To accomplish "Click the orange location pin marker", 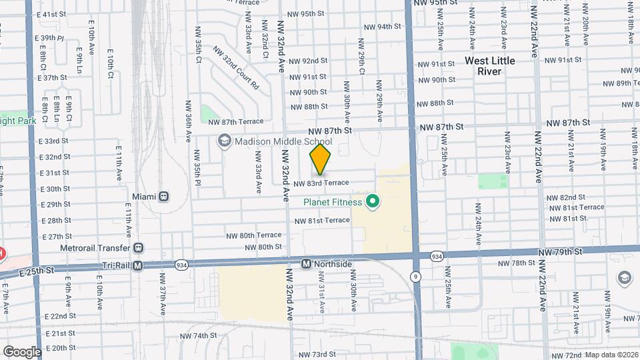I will tap(320, 160).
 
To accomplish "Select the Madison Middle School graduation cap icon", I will tap(225, 141).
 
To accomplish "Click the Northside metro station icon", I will tap(306, 264).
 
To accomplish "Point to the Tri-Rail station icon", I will tap(138, 265).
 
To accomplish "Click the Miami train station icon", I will tap(163, 197).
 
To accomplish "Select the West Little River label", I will tap(490, 66).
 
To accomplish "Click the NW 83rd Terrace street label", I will tap(321, 183).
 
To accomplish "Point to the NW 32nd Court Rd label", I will tap(235, 68).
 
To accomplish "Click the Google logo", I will tap(22, 351).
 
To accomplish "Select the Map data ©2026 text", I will tap(611, 355).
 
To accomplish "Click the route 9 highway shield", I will tap(416, 275).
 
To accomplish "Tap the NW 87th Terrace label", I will tap(235, 121).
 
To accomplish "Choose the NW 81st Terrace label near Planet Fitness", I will tap(322, 220).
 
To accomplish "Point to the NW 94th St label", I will tap(382, 27).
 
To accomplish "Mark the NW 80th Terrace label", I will tap(253, 235).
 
